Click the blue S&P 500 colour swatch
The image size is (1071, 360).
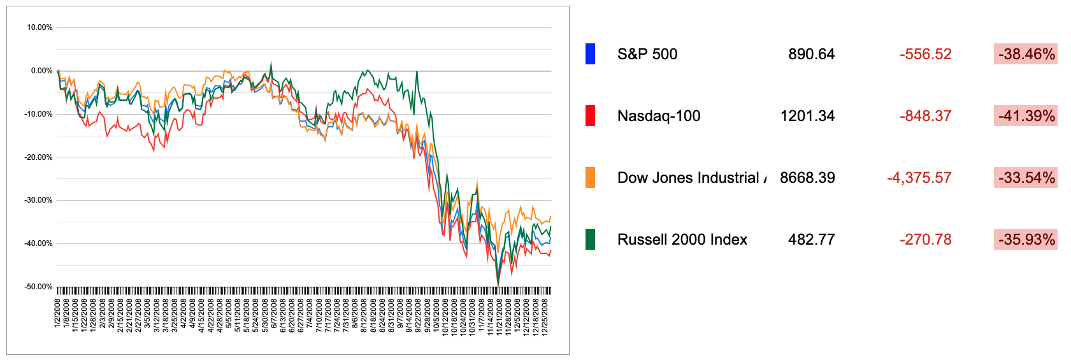click(590, 54)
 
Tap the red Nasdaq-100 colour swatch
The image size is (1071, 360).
click(590, 116)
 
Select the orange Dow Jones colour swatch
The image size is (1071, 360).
click(590, 178)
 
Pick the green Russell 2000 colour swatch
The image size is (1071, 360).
click(590, 240)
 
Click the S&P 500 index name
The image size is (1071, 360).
click(647, 54)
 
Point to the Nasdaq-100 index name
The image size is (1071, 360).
click(659, 116)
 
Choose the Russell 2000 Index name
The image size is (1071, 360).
click(682, 240)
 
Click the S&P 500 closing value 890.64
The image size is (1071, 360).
click(811, 54)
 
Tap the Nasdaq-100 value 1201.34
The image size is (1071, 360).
click(807, 116)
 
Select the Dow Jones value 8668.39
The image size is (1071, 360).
click(807, 178)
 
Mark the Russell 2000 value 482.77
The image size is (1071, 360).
click(811, 240)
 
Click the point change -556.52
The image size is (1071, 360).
click(925, 54)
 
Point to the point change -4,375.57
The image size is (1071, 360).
click(919, 178)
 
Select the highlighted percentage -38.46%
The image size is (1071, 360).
click(1026, 54)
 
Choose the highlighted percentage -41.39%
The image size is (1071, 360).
click(1026, 116)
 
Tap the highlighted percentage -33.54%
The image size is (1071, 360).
click(1026, 178)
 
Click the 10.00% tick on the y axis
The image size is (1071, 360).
click(40, 27)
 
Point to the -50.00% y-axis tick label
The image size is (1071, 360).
click(38, 287)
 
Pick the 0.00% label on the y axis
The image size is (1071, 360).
click(41, 71)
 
